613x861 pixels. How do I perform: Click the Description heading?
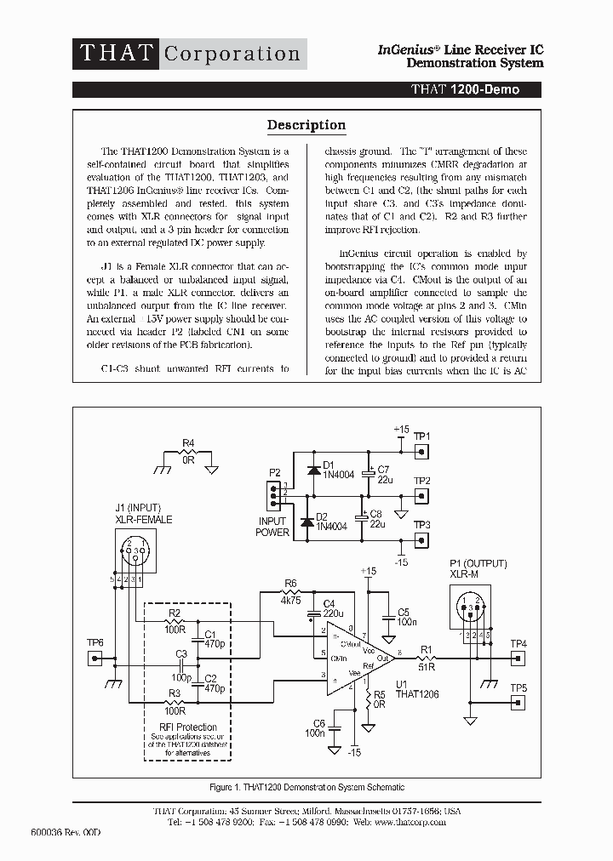(306, 125)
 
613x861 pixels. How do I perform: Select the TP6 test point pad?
(95, 658)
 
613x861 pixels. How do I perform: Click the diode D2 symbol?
(306, 521)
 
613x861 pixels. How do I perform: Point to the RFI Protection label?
(188, 727)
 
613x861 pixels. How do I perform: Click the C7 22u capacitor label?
(383, 475)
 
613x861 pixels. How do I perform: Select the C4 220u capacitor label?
(332, 608)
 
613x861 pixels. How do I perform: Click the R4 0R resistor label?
(189, 450)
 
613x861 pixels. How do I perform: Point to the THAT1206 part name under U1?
(416, 694)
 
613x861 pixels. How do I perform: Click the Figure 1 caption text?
(306, 787)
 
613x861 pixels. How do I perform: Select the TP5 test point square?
(516, 702)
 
